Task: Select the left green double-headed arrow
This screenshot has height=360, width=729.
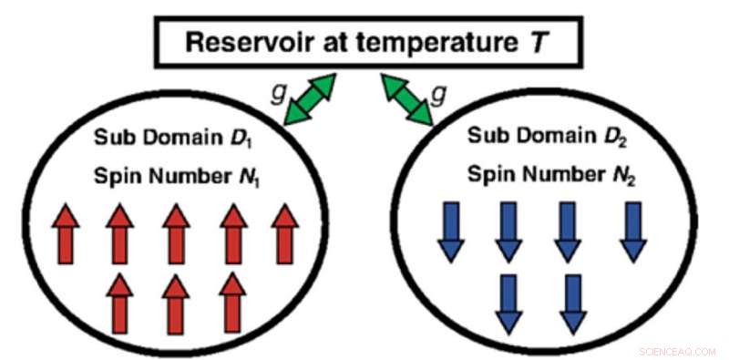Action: [311, 99]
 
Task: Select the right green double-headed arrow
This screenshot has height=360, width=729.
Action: [408, 99]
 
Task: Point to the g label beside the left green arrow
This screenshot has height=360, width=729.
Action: [276, 93]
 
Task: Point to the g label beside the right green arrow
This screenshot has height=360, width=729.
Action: [443, 93]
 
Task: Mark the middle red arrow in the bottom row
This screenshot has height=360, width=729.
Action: [175, 303]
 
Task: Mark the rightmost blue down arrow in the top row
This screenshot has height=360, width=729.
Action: [632, 231]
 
